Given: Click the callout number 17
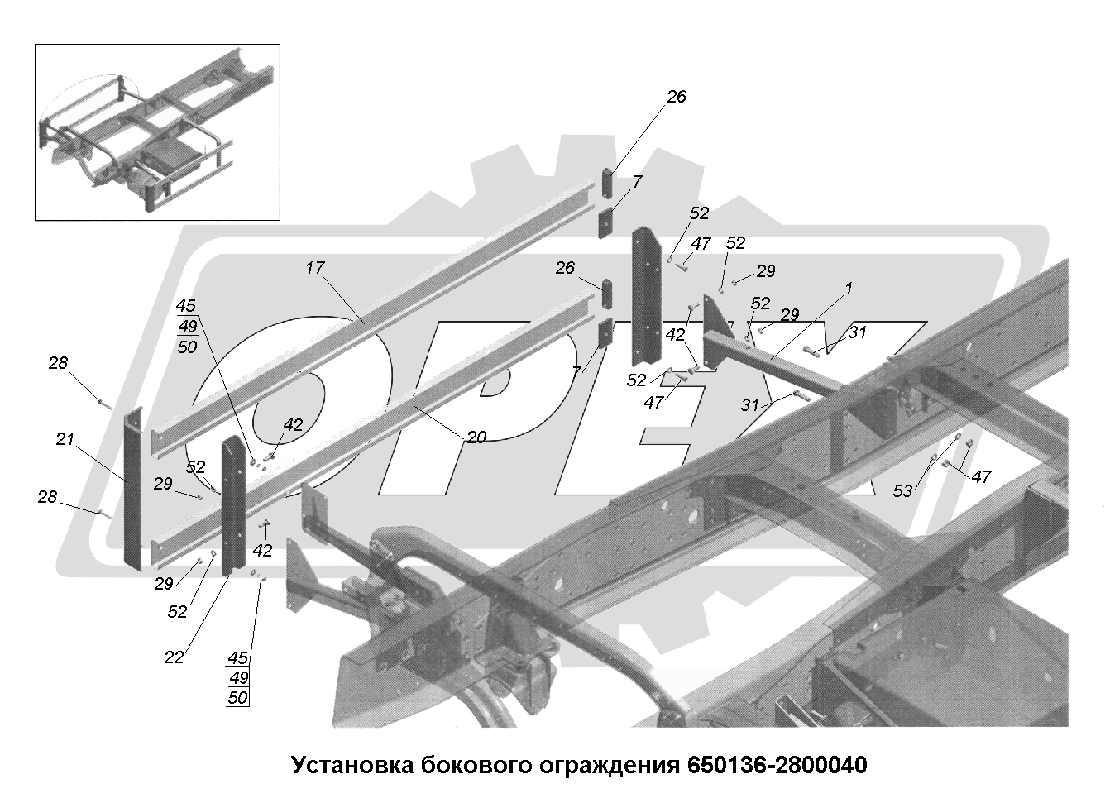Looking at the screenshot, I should pyautogui.click(x=314, y=268).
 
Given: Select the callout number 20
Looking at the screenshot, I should pyautogui.click(x=476, y=437).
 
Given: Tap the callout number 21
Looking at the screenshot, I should pyautogui.click(x=66, y=442).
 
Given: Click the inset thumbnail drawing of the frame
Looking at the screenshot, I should pyautogui.click(x=156, y=132).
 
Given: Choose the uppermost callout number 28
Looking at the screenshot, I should pyautogui.click(x=58, y=363).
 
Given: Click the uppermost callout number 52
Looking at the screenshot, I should pyautogui.click(x=699, y=213).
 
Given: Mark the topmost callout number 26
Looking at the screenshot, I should pyautogui.click(x=677, y=97).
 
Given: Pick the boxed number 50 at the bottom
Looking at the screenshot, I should pyautogui.click(x=237, y=698).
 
